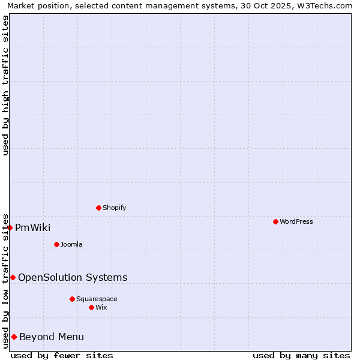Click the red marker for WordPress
coord(275,221)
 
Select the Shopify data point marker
coord(98,208)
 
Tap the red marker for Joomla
coord(56,244)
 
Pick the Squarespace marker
coord(72,299)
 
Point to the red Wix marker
coord(91,307)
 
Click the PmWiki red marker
coord(10,227)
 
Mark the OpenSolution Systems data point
coord(13,277)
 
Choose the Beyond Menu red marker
coord(14,337)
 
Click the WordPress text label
coord(296,221)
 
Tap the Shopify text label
coord(114,208)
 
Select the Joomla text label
coord(71,244)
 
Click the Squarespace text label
coord(97,299)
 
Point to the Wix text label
coord(101,307)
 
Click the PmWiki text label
coord(32,227)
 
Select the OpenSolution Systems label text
coord(73,277)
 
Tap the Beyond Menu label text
coord(52,337)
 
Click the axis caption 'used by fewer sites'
coord(62,355)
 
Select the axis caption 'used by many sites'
coord(301,355)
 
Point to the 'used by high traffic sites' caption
coord(5,85)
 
